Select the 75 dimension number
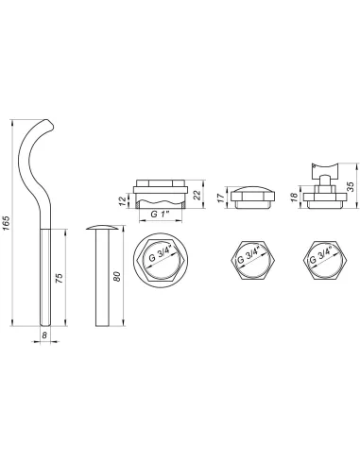[60, 278]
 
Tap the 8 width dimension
[44, 336]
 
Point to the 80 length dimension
[116, 276]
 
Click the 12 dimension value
[124, 200]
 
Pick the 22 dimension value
[197, 195]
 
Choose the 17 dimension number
[221, 198]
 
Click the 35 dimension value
[351, 186]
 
